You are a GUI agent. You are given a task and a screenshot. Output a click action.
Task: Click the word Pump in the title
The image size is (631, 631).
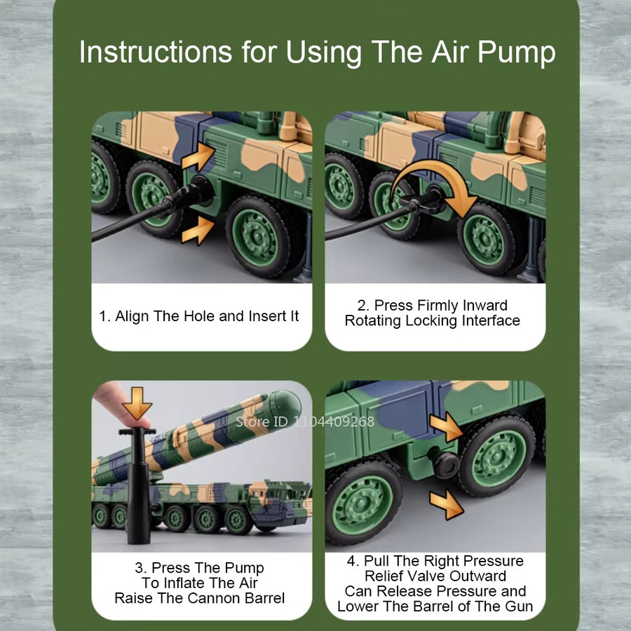(516, 53)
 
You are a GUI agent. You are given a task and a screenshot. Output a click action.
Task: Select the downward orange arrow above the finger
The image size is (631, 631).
(137, 403)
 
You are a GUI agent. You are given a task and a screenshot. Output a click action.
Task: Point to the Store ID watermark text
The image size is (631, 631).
(305, 422)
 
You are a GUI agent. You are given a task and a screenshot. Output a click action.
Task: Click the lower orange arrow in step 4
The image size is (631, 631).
(447, 504)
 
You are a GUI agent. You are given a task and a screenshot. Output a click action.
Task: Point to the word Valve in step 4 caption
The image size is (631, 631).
(477, 576)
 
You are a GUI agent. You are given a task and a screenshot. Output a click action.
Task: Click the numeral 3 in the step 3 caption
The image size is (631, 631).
(140, 568)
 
